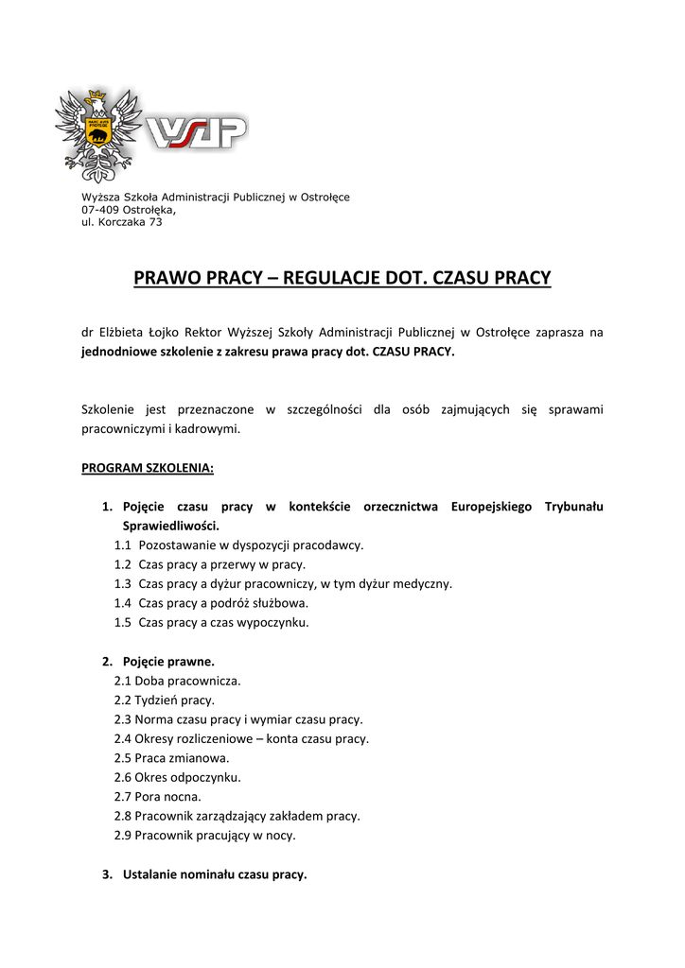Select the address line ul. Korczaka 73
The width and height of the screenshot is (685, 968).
(x=122, y=222)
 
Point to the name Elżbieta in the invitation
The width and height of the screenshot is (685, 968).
(x=121, y=333)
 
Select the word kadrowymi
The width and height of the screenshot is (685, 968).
(x=211, y=428)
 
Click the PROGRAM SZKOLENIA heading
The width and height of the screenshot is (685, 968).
(x=148, y=468)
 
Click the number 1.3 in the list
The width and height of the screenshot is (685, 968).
(x=123, y=583)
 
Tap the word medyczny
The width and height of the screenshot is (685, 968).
(x=428, y=583)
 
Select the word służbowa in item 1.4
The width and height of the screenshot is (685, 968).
(x=282, y=603)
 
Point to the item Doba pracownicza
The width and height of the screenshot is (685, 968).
(x=187, y=681)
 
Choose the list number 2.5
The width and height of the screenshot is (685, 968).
(x=123, y=758)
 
